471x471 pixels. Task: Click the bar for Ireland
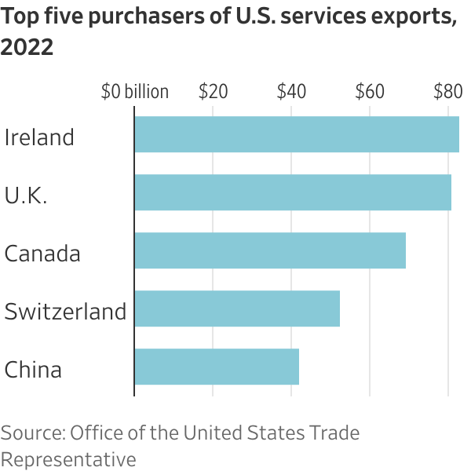point(297,134)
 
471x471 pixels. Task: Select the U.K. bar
point(293,192)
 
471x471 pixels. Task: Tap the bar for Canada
point(270,250)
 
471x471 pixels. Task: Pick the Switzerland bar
point(237,309)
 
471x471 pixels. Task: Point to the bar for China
point(217,367)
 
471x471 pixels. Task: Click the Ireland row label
point(39,137)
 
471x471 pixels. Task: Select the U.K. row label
point(26,195)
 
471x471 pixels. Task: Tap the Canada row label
point(42,254)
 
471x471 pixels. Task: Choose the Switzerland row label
point(65,312)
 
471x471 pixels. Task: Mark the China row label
point(33,370)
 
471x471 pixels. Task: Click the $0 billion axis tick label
point(135,92)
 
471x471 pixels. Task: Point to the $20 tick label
point(213,92)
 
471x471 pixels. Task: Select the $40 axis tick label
point(291,92)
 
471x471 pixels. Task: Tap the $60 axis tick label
point(370,92)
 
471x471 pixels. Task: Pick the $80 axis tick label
point(447,92)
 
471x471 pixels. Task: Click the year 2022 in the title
point(27,48)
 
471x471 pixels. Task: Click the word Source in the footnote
point(32,433)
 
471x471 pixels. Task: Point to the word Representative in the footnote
point(68,459)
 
